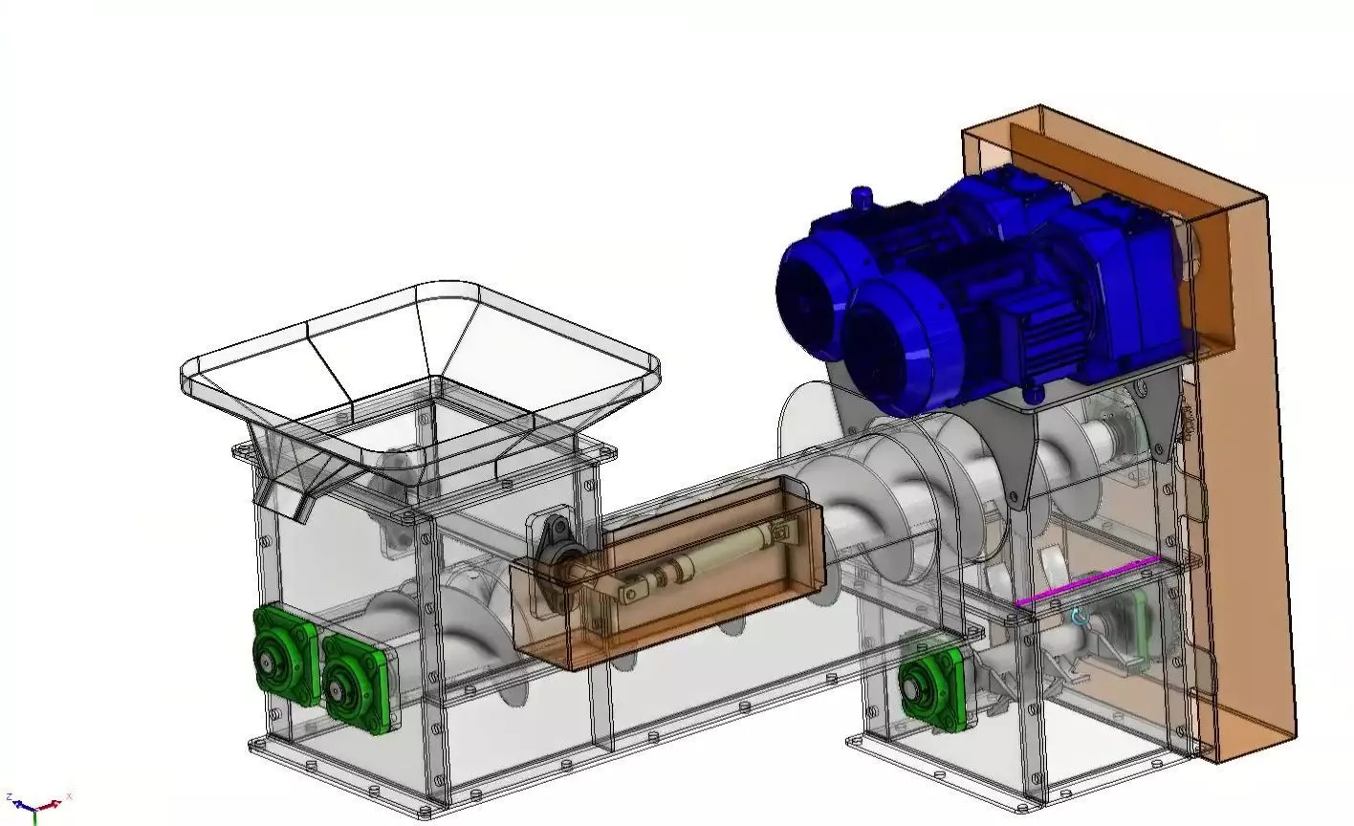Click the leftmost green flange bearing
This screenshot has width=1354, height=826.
[284, 656]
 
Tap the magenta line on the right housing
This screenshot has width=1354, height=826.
[1087, 581]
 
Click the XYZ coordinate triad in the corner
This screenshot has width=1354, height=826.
[36, 807]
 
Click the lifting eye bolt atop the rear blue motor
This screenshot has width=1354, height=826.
[863, 197]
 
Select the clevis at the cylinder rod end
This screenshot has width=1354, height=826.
[630, 594]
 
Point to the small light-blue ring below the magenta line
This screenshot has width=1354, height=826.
[1079, 618]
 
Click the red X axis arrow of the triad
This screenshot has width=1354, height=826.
[59, 799]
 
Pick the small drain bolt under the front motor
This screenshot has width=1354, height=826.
[1032, 394]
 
